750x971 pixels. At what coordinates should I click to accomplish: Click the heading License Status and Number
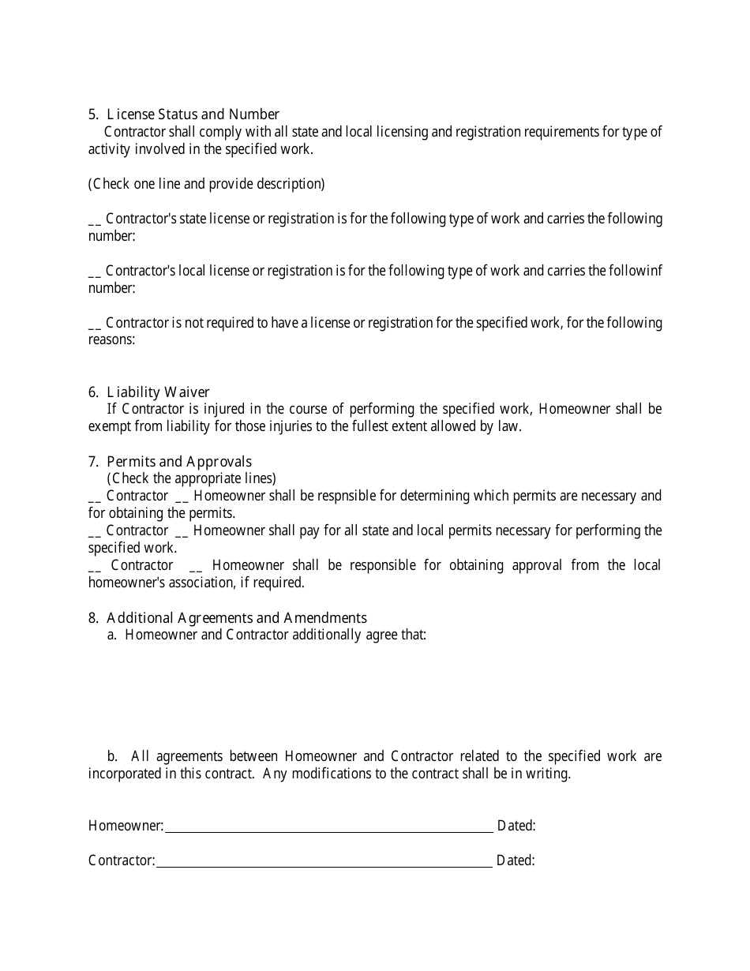click(193, 114)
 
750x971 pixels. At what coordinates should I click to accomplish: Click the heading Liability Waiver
click(158, 392)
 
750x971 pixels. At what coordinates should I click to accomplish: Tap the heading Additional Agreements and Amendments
click(236, 618)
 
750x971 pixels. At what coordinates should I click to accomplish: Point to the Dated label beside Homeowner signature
click(516, 827)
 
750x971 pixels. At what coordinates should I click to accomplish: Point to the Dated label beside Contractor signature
click(516, 861)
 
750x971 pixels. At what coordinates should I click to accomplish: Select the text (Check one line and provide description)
click(206, 184)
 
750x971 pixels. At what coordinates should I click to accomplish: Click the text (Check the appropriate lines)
click(192, 478)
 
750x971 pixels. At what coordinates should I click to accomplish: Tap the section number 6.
click(92, 392)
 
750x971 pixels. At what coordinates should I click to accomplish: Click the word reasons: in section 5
click(111, 340)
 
